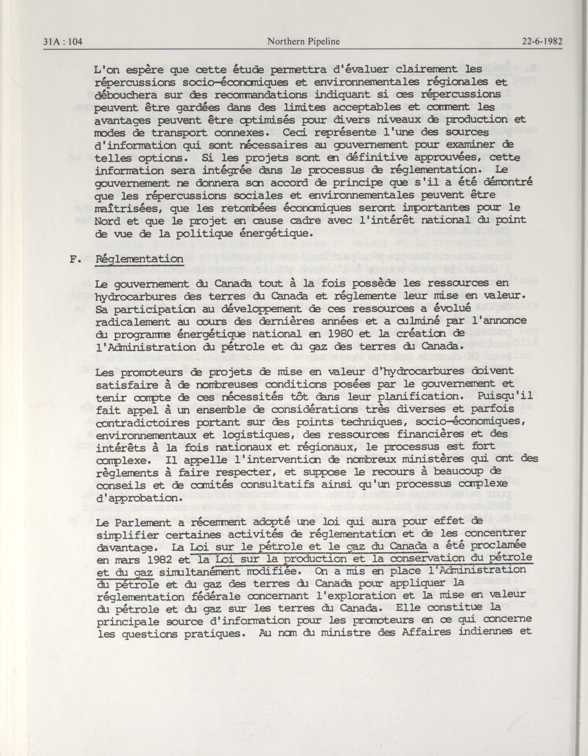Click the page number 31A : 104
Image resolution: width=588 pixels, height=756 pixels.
[x=63, y=42]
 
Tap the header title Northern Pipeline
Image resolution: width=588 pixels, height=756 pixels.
[x=303, y=42]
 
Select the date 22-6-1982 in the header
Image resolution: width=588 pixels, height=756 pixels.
[x=542, y=42]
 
